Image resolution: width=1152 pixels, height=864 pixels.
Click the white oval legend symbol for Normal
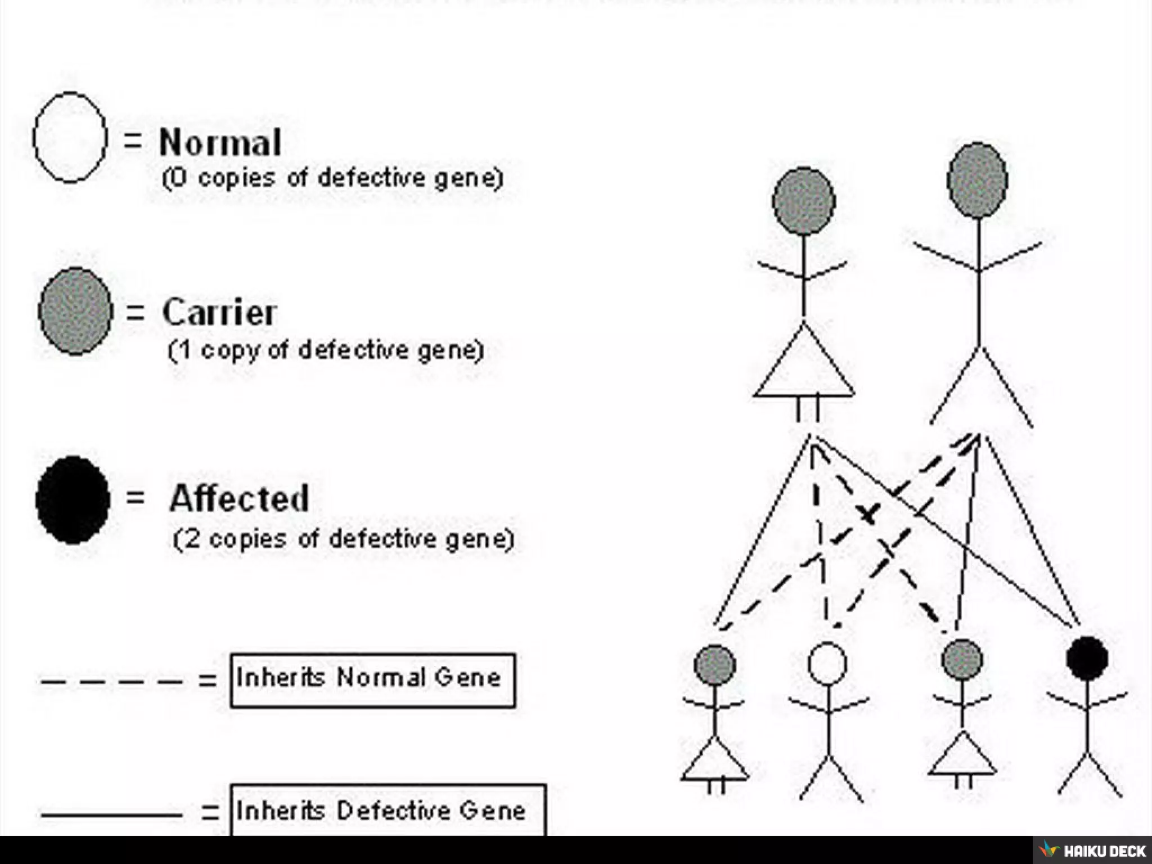70,138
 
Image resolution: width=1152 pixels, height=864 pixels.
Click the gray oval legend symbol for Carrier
75,311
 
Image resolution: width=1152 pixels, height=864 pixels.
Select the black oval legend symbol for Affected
73,500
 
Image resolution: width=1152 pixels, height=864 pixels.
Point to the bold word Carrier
219,312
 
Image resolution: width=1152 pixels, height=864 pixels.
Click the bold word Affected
239,498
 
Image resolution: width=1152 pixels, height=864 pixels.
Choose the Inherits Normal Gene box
372,679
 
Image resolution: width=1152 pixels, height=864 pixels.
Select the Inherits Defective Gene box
388,811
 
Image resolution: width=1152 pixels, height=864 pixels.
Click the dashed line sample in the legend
111,682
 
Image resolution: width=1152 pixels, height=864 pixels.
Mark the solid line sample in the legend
111,814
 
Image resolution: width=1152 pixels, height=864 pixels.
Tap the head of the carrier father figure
978,180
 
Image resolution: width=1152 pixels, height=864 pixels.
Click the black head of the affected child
1087,658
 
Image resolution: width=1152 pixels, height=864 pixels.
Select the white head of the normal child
827,663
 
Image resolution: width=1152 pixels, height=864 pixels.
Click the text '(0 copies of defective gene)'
332,178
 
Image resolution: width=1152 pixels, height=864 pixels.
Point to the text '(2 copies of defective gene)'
343,539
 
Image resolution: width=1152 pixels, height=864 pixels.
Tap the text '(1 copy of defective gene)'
326,350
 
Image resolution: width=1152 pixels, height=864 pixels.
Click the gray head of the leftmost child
715,665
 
